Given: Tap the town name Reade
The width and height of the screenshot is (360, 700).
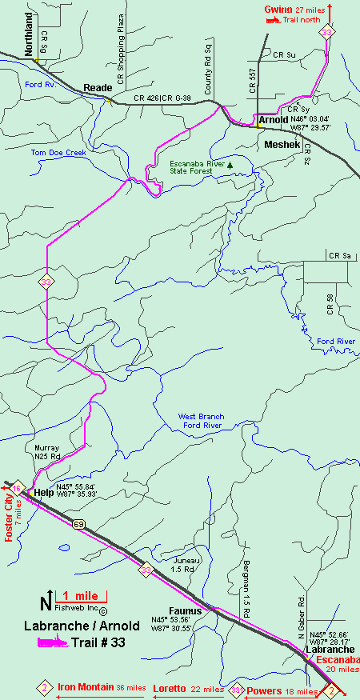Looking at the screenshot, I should click(98, 88).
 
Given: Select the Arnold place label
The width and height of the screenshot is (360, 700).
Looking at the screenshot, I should click(274, 119).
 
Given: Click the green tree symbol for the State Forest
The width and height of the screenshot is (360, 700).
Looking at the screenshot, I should click(230, 165).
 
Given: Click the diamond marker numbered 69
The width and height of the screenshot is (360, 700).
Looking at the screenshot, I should click(78, 524).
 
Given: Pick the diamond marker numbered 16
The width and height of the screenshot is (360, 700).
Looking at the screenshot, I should click(16, 487).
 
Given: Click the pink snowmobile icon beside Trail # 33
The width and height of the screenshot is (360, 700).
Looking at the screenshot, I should click(46, 642).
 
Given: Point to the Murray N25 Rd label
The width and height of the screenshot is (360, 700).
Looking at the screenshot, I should click(47, 451).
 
